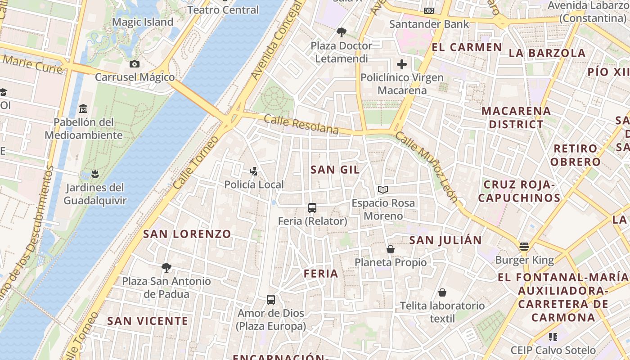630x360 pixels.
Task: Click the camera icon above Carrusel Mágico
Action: [134, 64]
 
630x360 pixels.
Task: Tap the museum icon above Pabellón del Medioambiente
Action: [83, 109]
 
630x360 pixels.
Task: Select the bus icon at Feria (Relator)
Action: [312, 208]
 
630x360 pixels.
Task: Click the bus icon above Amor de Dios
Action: [271, 300]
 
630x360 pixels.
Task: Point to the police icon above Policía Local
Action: [254, 171]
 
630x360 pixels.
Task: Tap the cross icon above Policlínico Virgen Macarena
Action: [402, 64]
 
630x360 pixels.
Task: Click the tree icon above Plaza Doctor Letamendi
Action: [342, 32]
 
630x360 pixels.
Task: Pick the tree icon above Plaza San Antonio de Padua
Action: [166, 268]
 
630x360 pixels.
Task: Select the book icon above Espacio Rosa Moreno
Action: [383, 190]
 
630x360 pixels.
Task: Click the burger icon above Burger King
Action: [524, 247]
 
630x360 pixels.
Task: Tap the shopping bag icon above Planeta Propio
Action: [391, 249]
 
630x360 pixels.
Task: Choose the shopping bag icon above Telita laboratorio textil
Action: [443, 292]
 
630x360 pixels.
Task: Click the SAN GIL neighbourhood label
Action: [335, 170]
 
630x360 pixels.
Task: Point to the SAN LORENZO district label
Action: [187, 234]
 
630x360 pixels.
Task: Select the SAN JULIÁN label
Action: [445, 240]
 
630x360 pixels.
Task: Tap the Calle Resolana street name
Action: [301, 125]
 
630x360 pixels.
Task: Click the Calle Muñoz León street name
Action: [426, 167]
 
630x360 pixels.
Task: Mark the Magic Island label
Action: [143, 22]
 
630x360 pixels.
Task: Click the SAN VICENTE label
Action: [148, 321]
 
